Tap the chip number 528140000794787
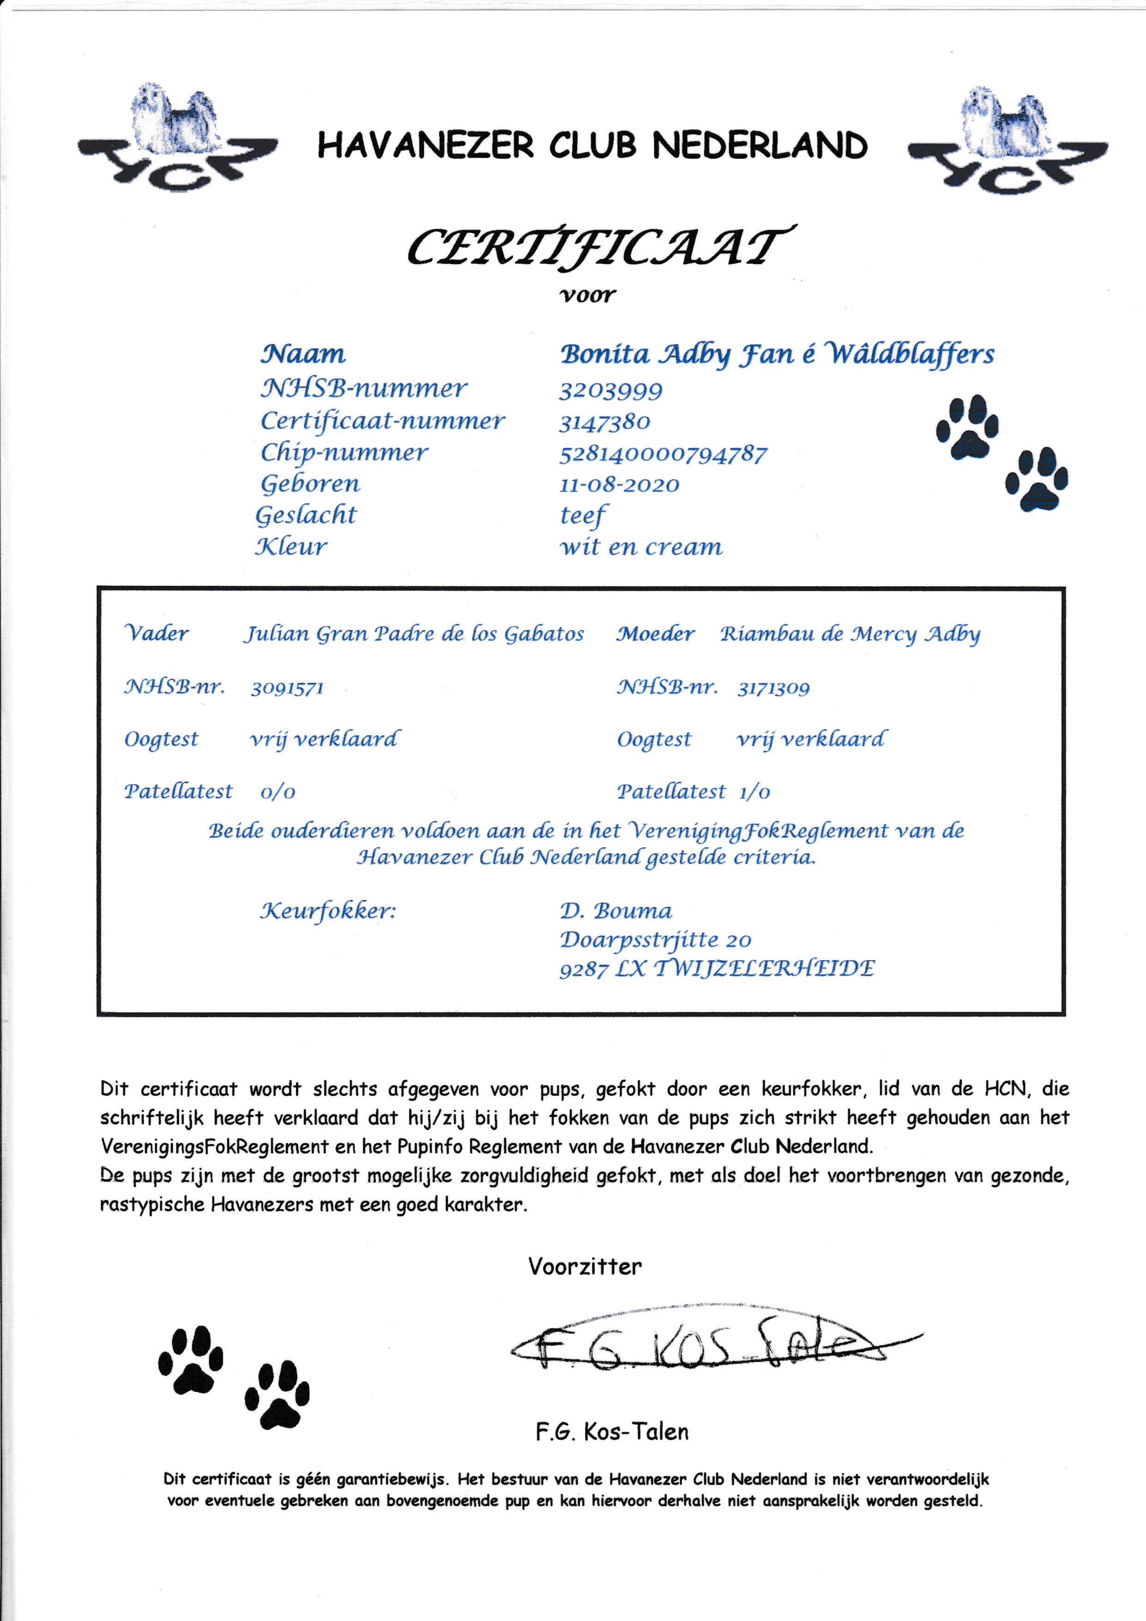click(x=662, y=454)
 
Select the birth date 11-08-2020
click(x=619, y=485)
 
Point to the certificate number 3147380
click(x=604, y=422)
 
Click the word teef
click(x=583, y=516)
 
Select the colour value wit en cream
click(x=641, y=547)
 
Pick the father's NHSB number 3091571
click(x=287, y=689)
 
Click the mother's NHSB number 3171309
click(x=773, y=689)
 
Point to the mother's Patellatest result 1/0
click(x=754, y=792)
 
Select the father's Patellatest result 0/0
click(x=278, y=792)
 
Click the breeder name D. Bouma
click(x=616, y=911)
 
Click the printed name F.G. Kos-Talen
click(x=611, y=1432)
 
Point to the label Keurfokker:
click(x=329, y=911)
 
